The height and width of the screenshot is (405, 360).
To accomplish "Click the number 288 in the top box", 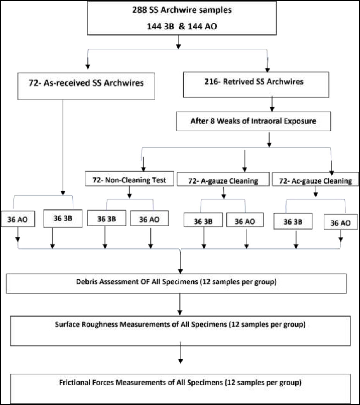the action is [140, 10].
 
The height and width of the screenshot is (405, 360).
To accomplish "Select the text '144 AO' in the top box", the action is [202, 26].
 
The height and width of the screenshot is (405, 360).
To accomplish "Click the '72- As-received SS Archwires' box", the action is [86, 86].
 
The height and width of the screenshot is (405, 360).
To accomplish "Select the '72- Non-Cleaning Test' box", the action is [130, 179].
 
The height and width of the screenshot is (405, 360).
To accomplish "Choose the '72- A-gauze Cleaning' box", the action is [223, 179].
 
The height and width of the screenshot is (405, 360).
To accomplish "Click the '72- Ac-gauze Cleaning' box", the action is [316, 179].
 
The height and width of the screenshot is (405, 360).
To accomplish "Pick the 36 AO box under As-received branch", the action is [18, 219].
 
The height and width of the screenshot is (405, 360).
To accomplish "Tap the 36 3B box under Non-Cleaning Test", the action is [107, 218].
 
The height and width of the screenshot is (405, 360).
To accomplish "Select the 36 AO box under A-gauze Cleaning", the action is [245, 220].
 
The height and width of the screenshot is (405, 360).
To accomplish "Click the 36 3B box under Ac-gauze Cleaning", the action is [293, 221].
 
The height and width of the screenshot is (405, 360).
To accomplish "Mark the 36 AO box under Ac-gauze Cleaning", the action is [341, 222].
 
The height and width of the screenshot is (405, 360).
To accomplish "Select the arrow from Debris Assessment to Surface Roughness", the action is [180, 304].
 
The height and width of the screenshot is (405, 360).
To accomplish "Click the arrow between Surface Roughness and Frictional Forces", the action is [181, 352].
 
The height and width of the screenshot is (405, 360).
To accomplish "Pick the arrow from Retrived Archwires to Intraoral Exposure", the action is [272, 104].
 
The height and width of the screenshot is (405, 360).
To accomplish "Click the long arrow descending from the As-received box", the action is [63, 148].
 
